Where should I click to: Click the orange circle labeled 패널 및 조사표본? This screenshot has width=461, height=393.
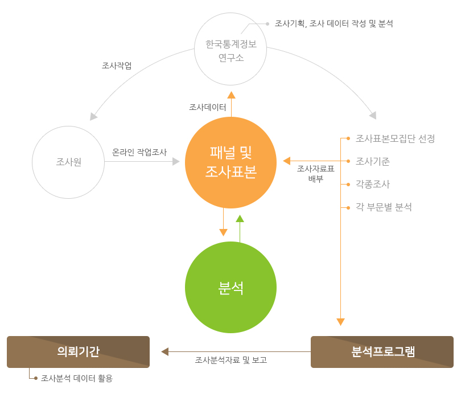coord(230,162)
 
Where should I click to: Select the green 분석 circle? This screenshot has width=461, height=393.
coord(230,288)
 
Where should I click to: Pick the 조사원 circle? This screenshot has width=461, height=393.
coord(68,162)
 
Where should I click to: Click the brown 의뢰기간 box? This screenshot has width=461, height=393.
coord(78,351)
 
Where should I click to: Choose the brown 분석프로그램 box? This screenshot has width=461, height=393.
coord(382,351)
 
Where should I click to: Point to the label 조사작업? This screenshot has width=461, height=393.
coord(117,65)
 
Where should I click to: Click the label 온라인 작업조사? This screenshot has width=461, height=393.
coord(139,152)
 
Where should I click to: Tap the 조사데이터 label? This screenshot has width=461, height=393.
coord(208,107)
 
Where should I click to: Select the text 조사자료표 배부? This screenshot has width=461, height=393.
coord(316,173)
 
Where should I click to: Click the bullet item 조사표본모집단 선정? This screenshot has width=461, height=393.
coord(395,138)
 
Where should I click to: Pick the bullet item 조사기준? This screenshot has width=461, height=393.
coord(373,161)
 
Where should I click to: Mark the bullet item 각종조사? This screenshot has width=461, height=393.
coord(373,184)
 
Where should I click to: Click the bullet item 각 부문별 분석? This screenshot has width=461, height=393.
coord(384,207)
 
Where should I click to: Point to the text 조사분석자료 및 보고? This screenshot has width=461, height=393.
coord(231,360)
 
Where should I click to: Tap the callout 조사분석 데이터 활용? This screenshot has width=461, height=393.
coord(77,378)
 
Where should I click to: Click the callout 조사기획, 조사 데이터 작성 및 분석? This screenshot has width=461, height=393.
coord(334,23)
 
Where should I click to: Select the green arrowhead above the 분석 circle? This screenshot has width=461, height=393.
coord(240,218)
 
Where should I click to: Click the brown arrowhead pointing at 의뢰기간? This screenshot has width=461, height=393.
coord(165,351)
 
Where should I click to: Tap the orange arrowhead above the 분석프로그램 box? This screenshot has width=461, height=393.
coord(340,322)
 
